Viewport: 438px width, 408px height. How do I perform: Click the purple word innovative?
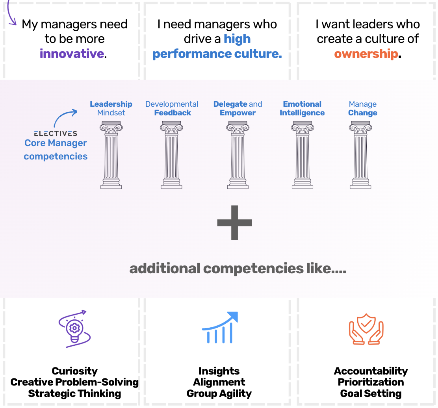(x=72, y=54)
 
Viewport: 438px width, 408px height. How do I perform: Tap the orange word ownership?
(x=366, y=54)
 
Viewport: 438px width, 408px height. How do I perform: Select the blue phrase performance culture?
(x=217, y=54)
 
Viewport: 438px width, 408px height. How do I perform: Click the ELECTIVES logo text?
(x=56, y=134)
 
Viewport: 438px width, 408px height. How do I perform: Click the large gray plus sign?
(x=234, y=223)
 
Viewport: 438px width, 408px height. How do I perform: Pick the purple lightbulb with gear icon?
(x=74, y=329)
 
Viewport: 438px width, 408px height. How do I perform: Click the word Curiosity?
(x=74, y=371)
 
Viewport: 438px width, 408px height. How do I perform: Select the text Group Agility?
(x=219, y=393)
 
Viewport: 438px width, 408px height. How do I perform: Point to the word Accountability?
(x=371, y=371)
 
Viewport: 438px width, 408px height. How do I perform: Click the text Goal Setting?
(x=371, y=393)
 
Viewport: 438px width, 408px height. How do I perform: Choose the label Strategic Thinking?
(x=74, y=393)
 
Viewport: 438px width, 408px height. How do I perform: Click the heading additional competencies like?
(x=238, y=269)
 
